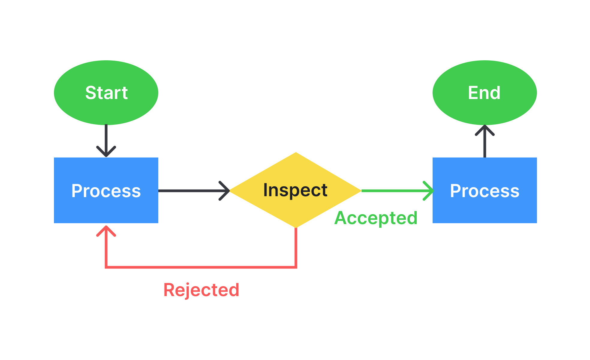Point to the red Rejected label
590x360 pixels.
tap(201, 290)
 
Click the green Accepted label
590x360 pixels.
tap(376, 218)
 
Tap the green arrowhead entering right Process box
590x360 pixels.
tap(429, 191)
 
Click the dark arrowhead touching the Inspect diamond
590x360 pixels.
tap(225, 191)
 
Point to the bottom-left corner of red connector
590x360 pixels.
tap(106, 267)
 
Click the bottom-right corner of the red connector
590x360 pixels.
tap(296, 267)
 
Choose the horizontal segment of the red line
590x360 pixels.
tap(201, 267)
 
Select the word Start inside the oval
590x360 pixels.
tap(106, 93)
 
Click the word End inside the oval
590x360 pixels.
tap(484, 93)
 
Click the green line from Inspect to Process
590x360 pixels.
tap(393, 191)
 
